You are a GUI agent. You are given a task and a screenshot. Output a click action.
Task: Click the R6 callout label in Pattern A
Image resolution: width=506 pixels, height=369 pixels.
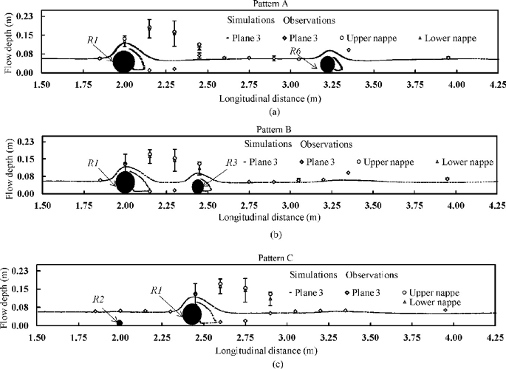(295, 50)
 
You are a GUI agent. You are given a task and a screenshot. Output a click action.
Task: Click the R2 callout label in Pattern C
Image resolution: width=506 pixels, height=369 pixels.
(98, 300)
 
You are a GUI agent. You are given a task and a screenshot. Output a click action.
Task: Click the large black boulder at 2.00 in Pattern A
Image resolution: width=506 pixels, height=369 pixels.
(125, 62)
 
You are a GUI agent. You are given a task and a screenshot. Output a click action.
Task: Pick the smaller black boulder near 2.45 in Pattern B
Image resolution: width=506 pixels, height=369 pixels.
(198, 186)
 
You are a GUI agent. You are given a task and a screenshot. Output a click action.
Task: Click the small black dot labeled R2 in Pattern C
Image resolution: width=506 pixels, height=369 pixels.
(120, 323)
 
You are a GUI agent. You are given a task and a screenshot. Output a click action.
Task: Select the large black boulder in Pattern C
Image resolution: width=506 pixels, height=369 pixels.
(192, 314)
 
